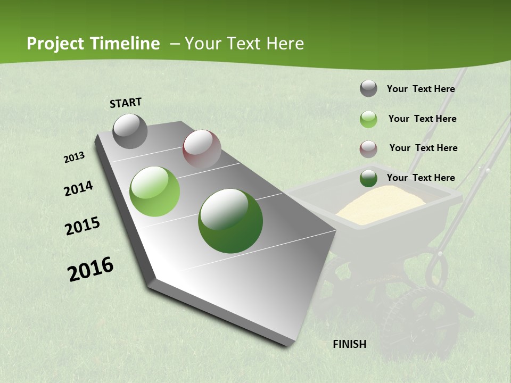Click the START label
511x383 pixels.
[126, 103]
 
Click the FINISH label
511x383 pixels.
[349, 344]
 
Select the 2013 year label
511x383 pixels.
[75, 157]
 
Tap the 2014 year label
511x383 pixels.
[78, 189]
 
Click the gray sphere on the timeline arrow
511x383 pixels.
[130, 131]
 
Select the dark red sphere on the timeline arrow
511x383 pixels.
[202, 149]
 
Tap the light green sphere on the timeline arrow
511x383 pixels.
[155, 191]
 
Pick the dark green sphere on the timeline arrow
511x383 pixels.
[230, 221]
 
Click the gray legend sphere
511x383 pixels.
[368, 89]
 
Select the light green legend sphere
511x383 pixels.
[368, 119]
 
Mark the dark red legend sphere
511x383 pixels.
[368, 149]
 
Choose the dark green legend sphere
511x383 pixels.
[368, 179]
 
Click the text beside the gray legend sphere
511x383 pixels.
[421, 89]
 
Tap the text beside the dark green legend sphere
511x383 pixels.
[421, 178]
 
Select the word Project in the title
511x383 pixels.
[56, 44]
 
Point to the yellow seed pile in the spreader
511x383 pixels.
[381, 205]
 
